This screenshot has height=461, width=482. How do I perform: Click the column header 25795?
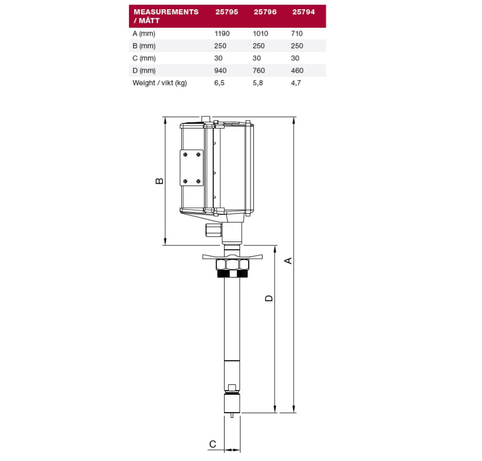coord(226,12)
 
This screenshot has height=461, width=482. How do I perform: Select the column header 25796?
coord(265,12)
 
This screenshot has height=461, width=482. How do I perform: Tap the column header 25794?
coord(303,12)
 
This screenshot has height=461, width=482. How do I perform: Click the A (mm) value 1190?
coord(222,33)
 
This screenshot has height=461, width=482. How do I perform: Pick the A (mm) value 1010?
coord(260,33)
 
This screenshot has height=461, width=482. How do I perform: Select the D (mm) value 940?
coord(221,70)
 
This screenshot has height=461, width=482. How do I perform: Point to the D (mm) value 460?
coord(297,70)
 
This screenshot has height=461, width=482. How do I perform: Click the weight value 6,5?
coord(219,83)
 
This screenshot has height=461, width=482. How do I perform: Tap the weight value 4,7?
coord(296,83)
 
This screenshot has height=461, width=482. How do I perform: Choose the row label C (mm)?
coord(144,58)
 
